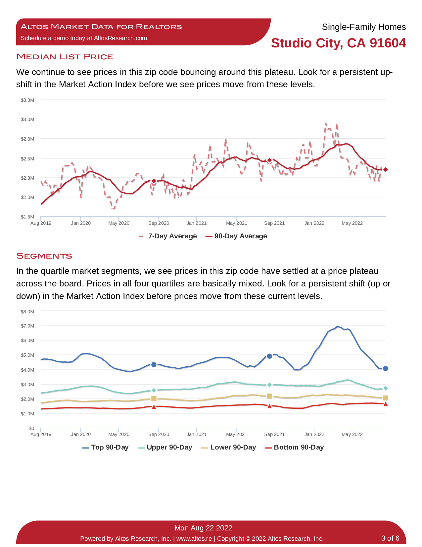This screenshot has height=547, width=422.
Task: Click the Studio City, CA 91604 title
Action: click(x=338, y=43)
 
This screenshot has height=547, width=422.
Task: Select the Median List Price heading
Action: click(x=65, y=57)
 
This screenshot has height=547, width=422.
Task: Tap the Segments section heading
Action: click(x=44, y=256)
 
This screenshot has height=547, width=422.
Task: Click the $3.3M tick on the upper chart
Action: click(x=27, y=100)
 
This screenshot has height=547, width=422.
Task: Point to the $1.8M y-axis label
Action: click(x=27, y=217)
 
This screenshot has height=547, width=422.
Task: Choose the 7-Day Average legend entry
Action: click(x=168, y=236)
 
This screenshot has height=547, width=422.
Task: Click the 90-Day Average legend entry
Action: click(x=236, y=236)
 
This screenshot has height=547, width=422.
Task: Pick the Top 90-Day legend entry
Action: click(x=105, y=447)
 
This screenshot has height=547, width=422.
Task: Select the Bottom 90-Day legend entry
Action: click(x=294, y=447)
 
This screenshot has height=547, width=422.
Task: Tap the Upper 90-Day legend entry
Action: click(x=165, y=447)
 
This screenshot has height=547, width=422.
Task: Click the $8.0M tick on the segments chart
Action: click(x=27, y=312)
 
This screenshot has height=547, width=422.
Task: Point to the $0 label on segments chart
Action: click(x=31, y=428)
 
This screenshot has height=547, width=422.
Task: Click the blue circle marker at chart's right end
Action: click(x=386, y=369)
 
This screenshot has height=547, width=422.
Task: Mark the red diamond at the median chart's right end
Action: click(x=386, y=170)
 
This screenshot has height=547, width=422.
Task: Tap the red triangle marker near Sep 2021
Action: click(x=269, y=406)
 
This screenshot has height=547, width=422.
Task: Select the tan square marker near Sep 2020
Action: click(x=154, y=399)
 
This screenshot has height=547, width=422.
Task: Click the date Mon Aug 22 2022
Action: click(x=203, y=528)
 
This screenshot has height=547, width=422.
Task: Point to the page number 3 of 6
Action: click(x=390, y=538)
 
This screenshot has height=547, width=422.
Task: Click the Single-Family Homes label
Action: click(x=364, y=27)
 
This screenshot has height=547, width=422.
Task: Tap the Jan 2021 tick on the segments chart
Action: click(x=197, y=434)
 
